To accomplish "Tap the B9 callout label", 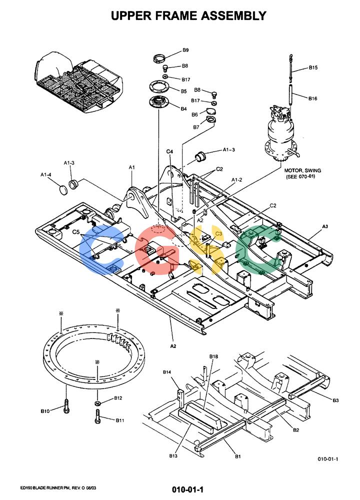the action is pos(185,50).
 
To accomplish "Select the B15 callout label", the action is pos(313,67).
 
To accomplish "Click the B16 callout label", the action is pos(312,98).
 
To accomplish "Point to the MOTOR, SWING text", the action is pos(302,170).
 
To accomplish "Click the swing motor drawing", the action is pos(281,134).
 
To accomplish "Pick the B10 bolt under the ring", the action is pos(66,406).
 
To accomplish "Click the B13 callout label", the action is pos(173,456).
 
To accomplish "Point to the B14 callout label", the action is pos(167,372).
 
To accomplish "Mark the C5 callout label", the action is pos(76,232).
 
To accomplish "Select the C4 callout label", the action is pos(169,151).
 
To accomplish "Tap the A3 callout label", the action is pos(325,226).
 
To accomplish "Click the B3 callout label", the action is pos(335,400).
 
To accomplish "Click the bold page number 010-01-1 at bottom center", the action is pos(187,489).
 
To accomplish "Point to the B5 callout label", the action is pos(184,91).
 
